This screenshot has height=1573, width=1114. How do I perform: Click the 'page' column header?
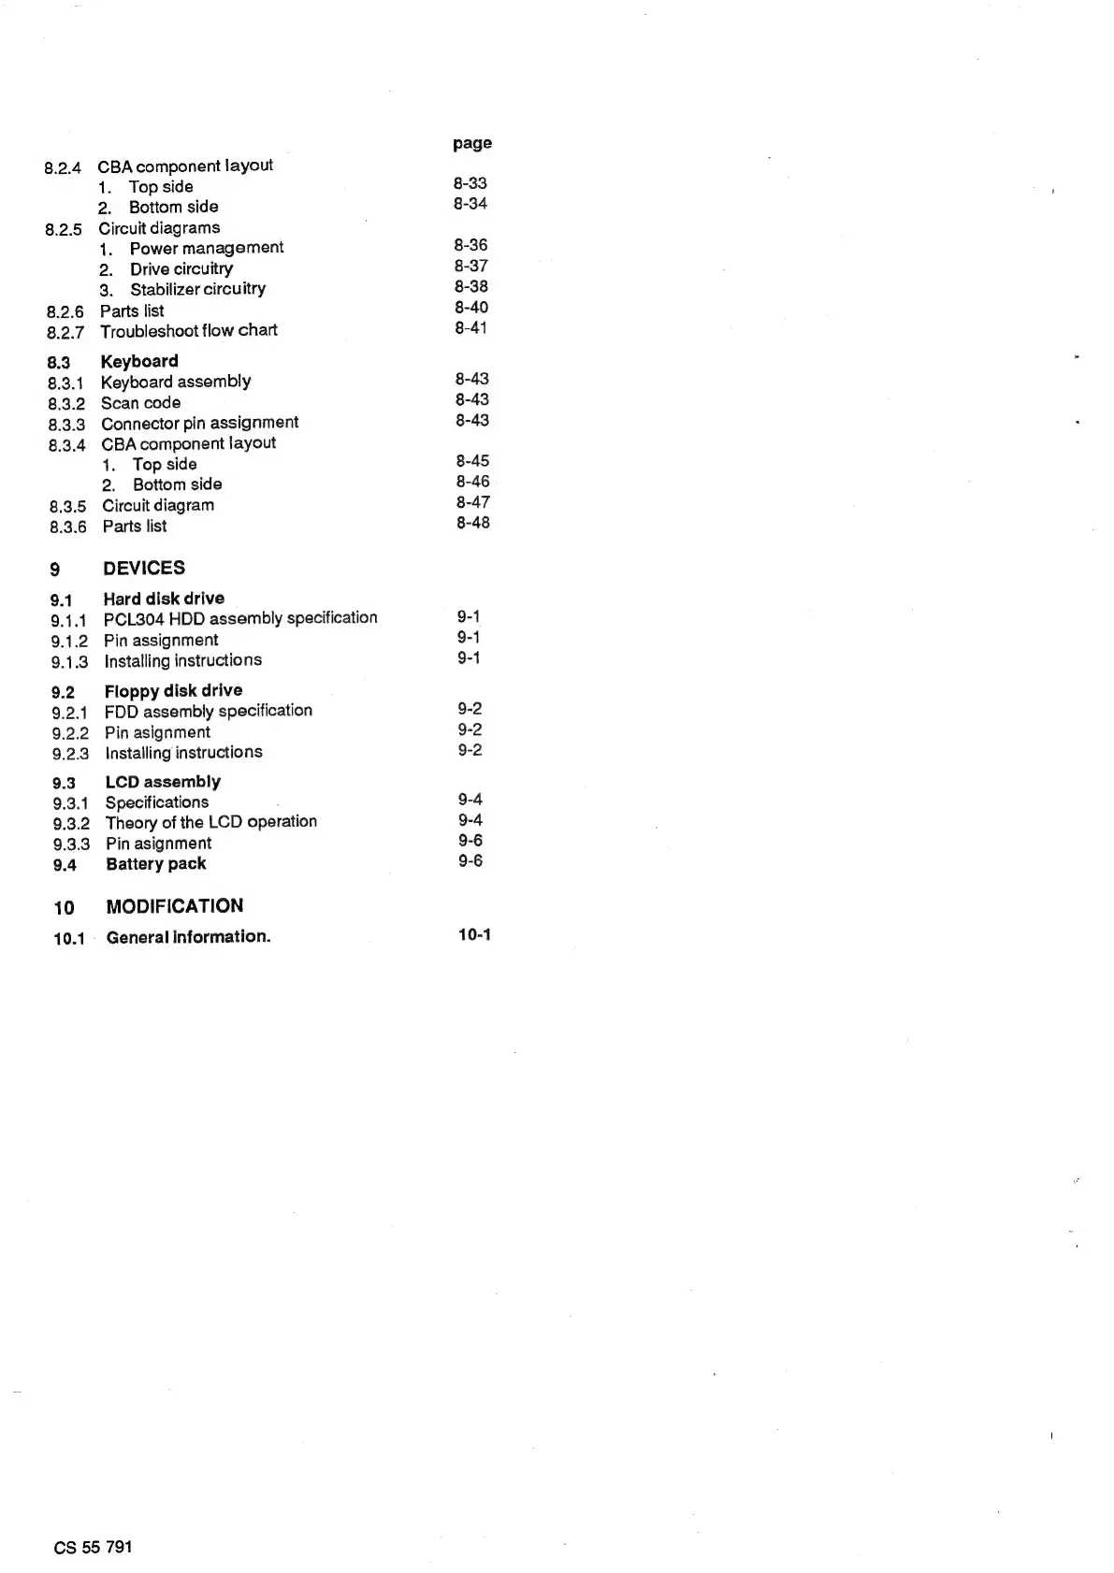click(x=471, y=143)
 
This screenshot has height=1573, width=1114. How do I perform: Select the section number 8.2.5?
click(x=64, y=229)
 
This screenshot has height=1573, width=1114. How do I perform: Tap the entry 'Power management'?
click(x=206, y=248)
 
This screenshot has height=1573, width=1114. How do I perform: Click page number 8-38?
click(x=471, y=286)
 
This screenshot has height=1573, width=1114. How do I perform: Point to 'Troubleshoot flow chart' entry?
click(x=188, y=331)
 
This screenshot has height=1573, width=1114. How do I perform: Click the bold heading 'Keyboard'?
click(x=139, y=361)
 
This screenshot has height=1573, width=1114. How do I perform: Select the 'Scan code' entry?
click(x=140, y=403)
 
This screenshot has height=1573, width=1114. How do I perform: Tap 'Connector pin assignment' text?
click(x=199, y=423)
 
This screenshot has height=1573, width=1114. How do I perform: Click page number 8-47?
click(x=472, y=502)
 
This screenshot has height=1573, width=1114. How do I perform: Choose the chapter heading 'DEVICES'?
click(x=144, y=568)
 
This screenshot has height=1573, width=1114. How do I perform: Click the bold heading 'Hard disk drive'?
click(x=164, y=599)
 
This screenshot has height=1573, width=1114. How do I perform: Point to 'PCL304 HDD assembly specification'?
click(x=240, y=618)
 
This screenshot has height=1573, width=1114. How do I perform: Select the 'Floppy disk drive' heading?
click(x=173, y=691)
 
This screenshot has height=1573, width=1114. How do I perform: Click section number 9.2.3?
click(x=71, y=754)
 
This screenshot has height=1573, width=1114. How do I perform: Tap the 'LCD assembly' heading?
click(x=163, y=782)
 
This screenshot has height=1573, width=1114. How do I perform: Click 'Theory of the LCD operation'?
click(x=210, y=822)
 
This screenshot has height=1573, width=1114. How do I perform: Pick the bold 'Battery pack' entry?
click(x=156, y=864)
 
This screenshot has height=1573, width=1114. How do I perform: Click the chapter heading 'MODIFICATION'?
click(x=175, y=906)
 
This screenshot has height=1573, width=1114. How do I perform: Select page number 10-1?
click(x=474, y=934)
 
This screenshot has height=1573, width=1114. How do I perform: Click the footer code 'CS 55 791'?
click(x=94, y=1547)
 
